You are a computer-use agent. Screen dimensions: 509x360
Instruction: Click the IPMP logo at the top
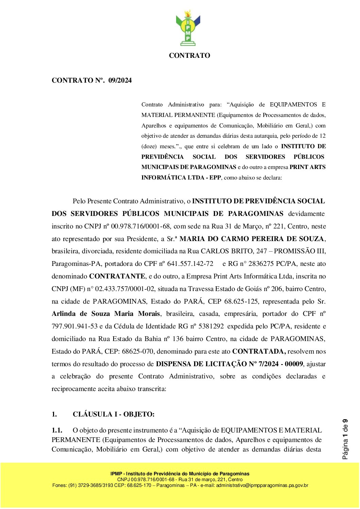click(x=188, y=28)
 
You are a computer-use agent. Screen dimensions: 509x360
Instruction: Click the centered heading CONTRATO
click(x=189, y=55)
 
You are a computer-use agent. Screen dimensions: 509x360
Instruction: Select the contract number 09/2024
click(x=120, y=81)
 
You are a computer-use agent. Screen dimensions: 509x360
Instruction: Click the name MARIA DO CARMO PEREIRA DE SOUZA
click(x=252, y=239)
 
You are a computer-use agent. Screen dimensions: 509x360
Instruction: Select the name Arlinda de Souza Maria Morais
click(x=106, y=314)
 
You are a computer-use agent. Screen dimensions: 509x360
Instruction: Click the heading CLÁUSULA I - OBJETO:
click(x=114, y=414)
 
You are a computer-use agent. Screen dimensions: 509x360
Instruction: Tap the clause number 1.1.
click(x=57, y=430)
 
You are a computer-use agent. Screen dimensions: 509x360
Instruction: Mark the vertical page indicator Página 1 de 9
click(x=345, y=439)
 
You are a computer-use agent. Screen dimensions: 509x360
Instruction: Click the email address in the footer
click(x=262, y=486)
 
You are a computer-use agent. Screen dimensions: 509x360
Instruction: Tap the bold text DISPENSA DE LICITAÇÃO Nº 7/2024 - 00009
click(x=229, y=364)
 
